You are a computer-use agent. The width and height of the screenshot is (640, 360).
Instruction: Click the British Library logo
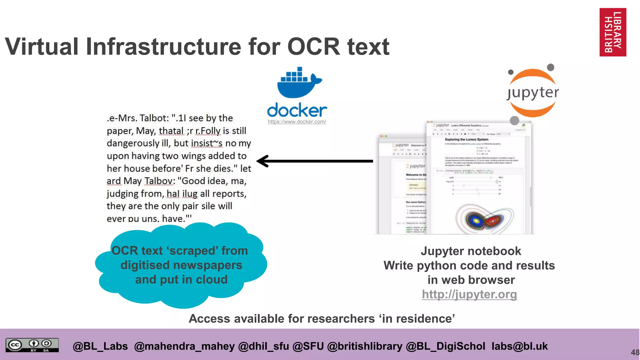point(612,32)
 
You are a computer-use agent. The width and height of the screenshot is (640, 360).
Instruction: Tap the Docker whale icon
point(299,83)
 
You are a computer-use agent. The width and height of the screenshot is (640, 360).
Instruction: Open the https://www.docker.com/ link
point(297,122)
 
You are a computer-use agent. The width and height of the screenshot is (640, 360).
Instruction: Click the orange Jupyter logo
point(532,93)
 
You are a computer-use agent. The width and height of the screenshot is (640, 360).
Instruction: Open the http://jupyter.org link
point(469,294)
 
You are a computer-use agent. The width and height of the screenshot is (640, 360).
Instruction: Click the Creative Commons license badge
point(32,345)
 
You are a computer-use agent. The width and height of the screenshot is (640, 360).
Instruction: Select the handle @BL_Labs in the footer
point(100,346)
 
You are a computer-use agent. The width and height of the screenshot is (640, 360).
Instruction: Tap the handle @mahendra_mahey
point(184,346)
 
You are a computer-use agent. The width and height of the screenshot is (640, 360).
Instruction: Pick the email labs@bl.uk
point(519,346)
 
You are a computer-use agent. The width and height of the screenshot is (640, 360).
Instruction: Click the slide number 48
point(635,352)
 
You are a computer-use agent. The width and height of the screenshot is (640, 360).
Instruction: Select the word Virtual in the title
point(42,47)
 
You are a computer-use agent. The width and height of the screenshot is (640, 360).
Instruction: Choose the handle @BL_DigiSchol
point(445,346)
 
